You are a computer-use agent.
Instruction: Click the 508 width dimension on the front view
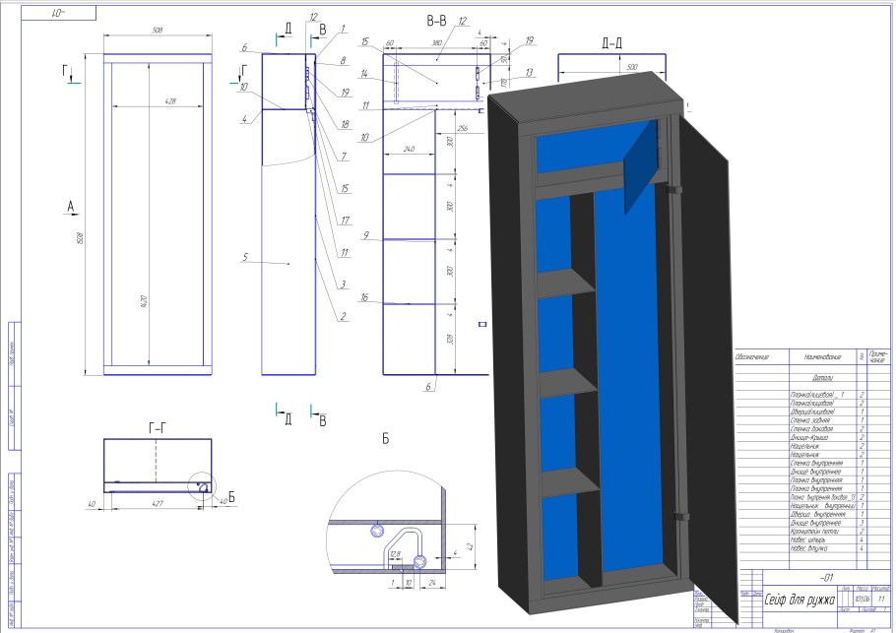[x=158, y=30]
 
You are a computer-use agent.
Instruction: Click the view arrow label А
[x=70, y=206]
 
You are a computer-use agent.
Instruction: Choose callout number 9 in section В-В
[x=365, y=236]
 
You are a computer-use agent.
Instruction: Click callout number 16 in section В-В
[x=365, y=297]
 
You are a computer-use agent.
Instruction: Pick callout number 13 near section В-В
[x=529, y=72]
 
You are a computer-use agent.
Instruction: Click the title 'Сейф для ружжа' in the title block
[x=800, y=599]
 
